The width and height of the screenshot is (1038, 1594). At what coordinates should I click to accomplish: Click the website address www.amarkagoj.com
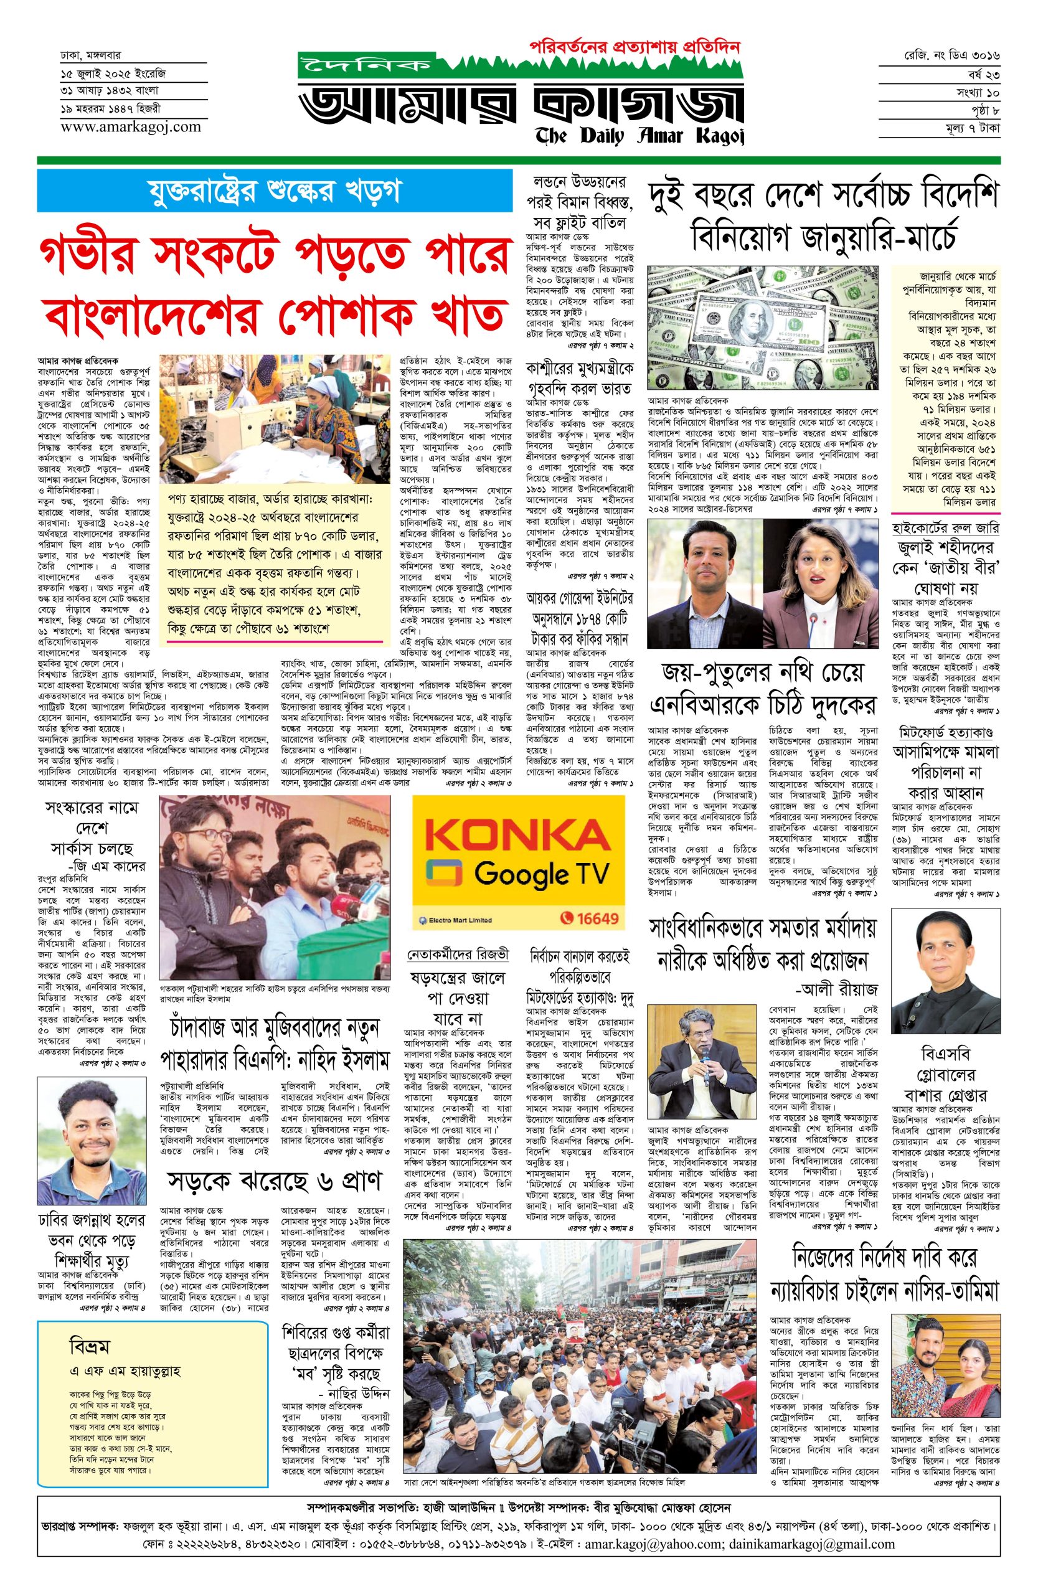click(130, 126)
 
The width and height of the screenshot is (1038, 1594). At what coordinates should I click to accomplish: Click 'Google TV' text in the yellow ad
click(542, 874)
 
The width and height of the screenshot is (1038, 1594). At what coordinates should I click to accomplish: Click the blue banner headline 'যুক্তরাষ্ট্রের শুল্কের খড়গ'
click(275, 191)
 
